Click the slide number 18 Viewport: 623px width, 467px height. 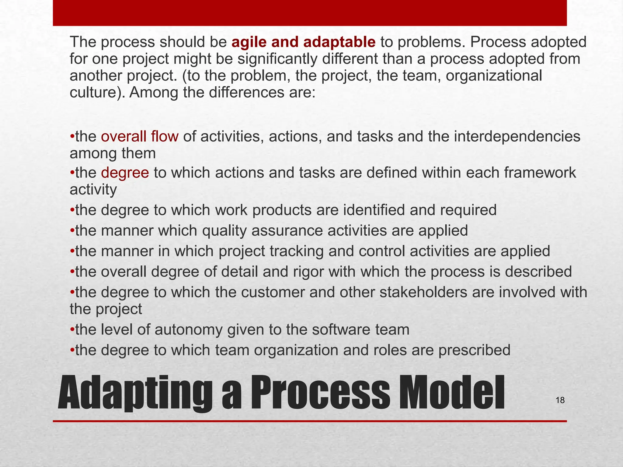click(x=560, y=400)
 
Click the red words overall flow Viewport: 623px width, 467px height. click(x=140, y=136)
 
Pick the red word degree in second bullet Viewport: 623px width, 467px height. click(x=125, y=173)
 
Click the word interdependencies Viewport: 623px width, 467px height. click(x=517, y=136)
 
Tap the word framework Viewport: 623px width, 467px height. click(x=540, y=173)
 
